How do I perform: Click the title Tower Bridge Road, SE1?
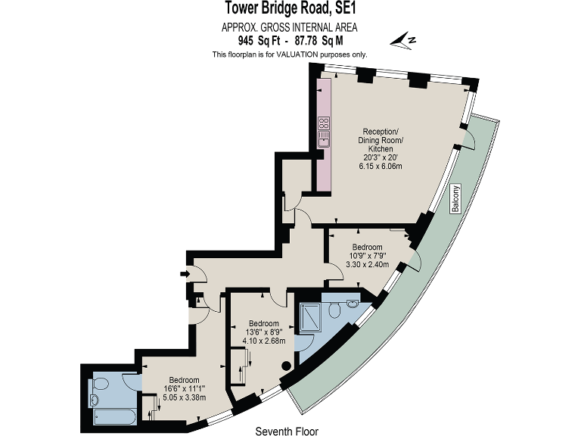[290, 9]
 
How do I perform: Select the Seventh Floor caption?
[286, 431]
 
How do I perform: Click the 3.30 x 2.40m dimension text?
[367, 265]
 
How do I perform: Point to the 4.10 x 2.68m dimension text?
[264, 340]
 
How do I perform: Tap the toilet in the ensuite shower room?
[351, 306]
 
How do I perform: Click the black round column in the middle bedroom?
[285, 366]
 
